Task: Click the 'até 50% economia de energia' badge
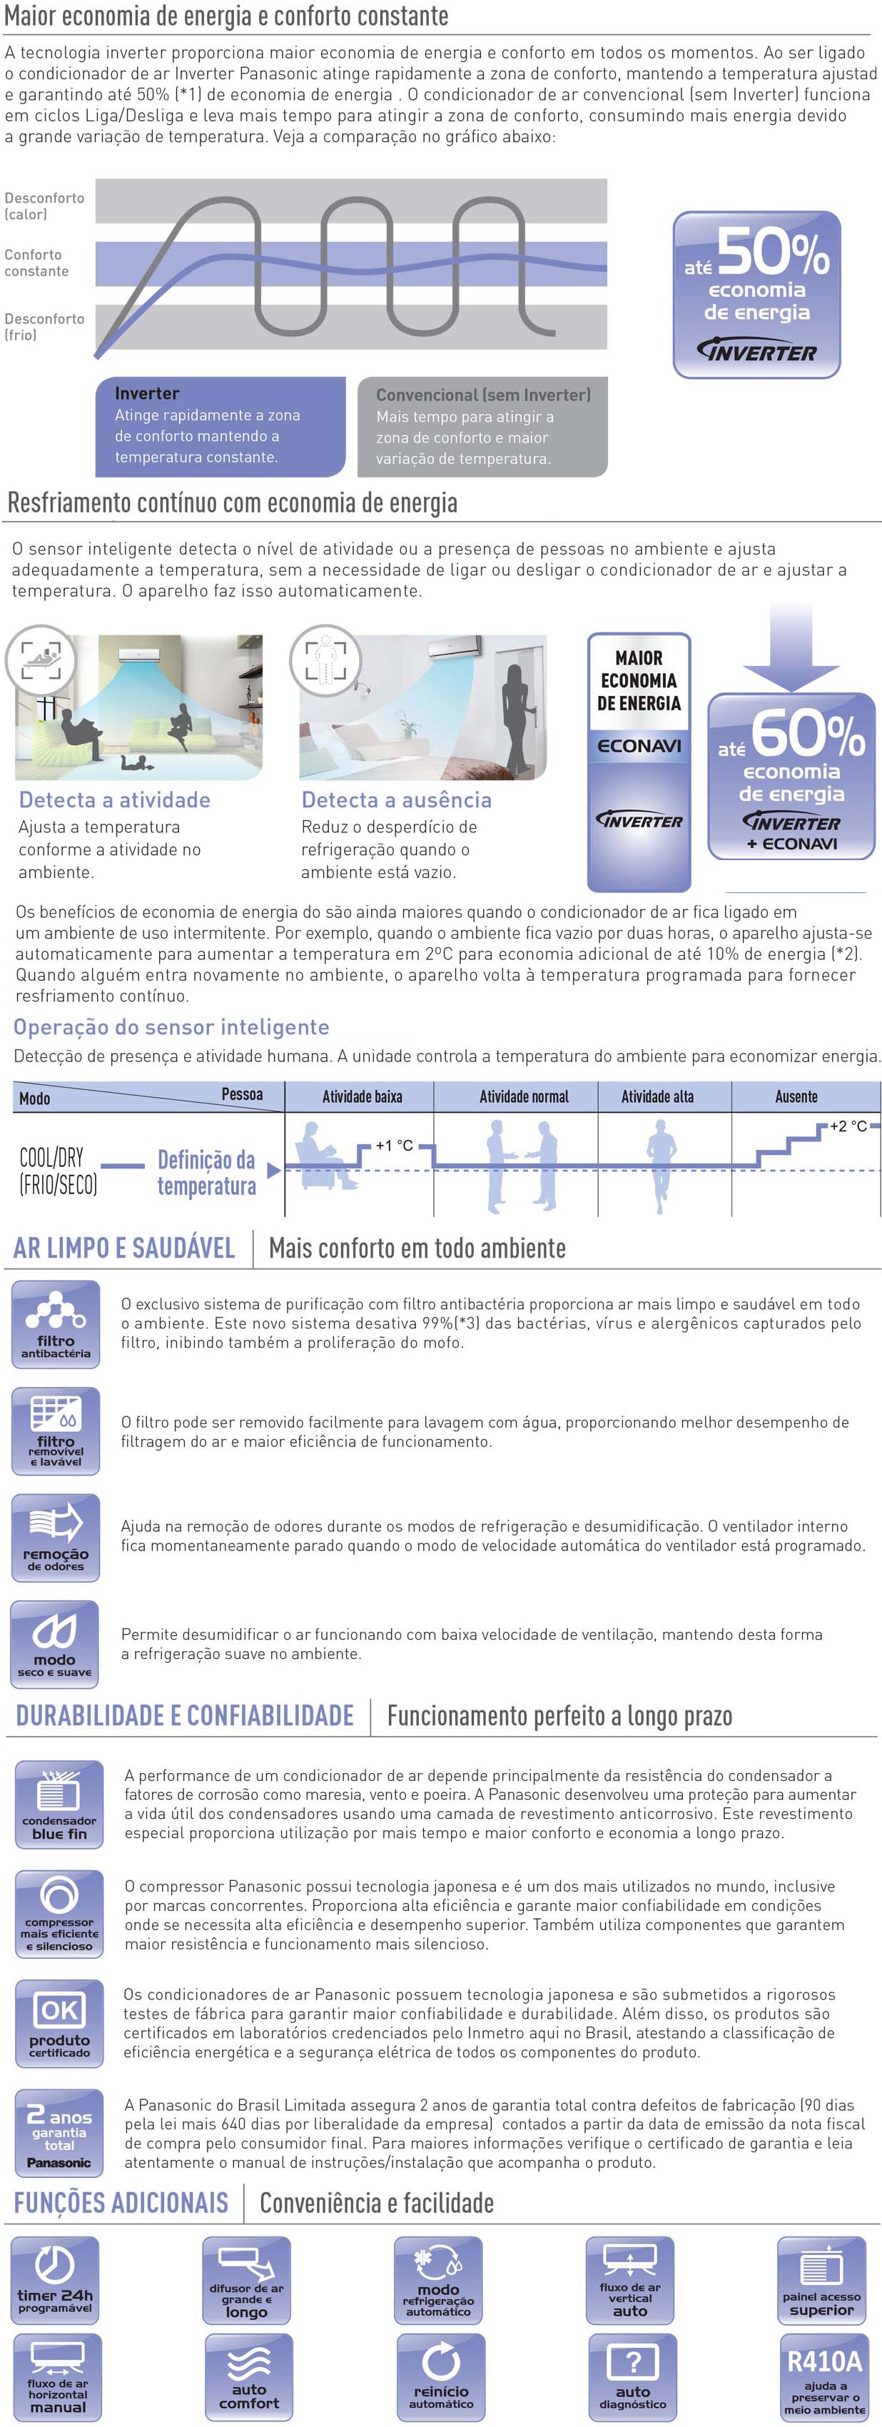tap(756, 294)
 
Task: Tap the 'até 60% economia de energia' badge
tap(791, 777)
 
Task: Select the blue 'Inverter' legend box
tap(220, 426)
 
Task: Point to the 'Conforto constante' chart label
tap(37, 263)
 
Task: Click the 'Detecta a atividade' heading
tap(115, 800)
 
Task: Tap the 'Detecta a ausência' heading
tap(396, 800)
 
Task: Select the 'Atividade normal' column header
tap(524, 1096)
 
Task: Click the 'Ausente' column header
tap(796, 1096)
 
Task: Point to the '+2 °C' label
tap(847, 1126)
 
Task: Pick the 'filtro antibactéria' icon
tap(56, 1323)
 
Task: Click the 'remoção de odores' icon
tap(56, 1538)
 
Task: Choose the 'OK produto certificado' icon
tap(59, 2023)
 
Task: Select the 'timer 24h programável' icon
tap(55, 2281)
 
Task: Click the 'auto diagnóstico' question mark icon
tap(633, 2375)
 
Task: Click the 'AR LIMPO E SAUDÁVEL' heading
tap(123, 1248)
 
